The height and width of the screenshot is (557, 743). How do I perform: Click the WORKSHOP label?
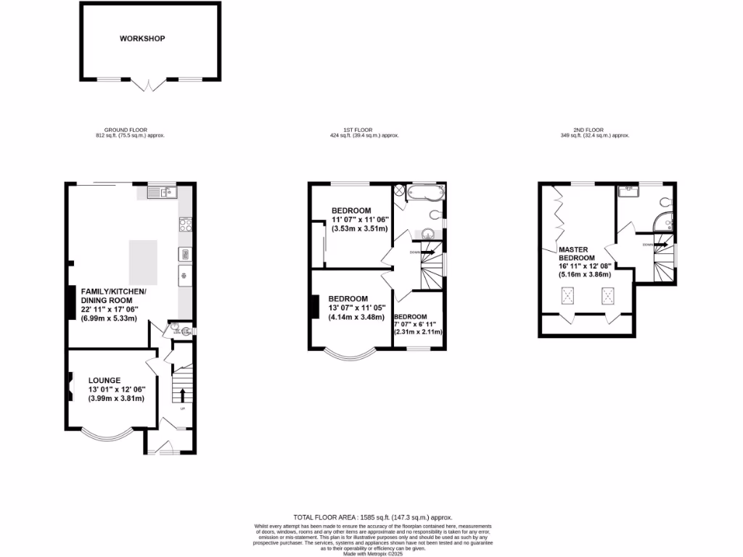pos(142,38)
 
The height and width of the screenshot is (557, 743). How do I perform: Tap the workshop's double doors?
pos(149,84)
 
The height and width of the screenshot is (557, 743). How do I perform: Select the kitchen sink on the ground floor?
pos(160,192)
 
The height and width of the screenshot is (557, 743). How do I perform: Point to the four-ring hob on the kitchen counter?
pos(184,225)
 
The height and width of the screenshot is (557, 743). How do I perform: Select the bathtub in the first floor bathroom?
pos(422,193)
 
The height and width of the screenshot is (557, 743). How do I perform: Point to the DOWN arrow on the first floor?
pos(428,252)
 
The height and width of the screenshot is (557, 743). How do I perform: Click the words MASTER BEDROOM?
pos(577,253)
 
